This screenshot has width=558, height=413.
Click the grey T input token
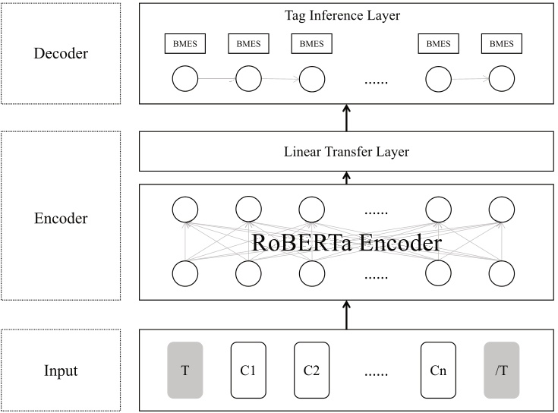185,370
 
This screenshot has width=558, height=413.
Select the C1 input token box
247,370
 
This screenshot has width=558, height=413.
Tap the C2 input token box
311,370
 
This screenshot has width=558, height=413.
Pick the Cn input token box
437,370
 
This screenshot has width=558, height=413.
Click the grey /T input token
501,370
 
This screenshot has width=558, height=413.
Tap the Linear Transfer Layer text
346,152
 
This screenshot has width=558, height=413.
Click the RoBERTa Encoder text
346,244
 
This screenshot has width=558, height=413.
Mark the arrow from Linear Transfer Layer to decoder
346,118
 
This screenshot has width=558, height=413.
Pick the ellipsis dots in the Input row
374,372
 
